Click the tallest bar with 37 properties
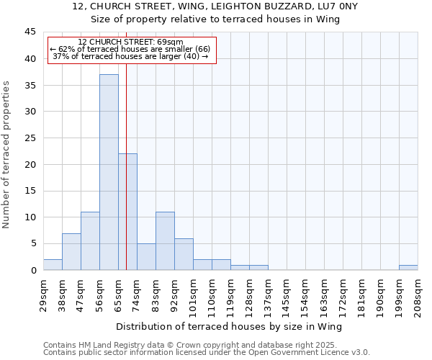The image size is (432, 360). [109, 172]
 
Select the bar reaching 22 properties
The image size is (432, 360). [127, 212]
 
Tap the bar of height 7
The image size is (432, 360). [71, 251]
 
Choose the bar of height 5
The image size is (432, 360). [146, 257]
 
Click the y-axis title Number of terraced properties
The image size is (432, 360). [7, 155]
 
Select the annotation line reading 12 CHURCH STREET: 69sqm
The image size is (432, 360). [130, 42]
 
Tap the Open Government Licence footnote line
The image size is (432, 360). [207, 353]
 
